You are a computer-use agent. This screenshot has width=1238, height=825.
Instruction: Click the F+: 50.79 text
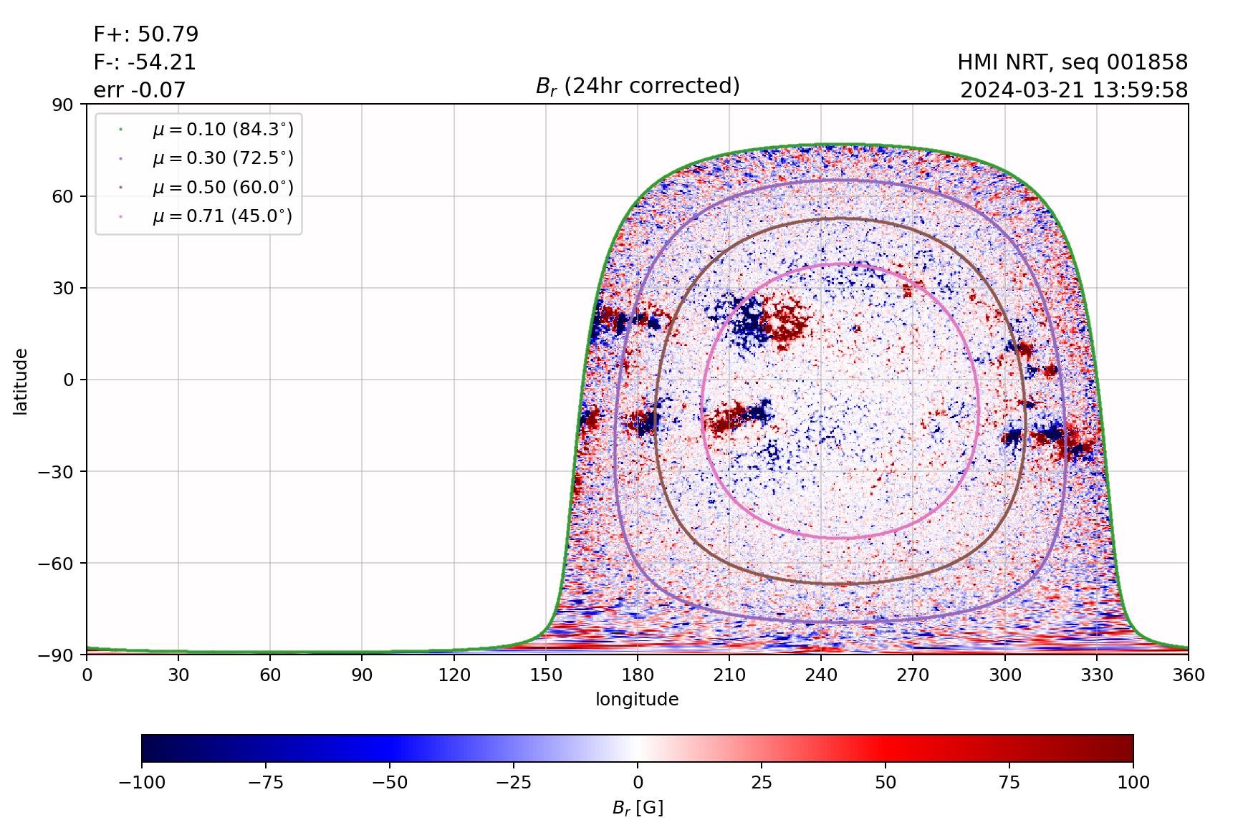pos(146,34)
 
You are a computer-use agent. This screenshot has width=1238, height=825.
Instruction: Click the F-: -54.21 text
pos(145,62)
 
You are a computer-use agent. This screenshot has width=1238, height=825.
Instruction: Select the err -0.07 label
pos(139,90)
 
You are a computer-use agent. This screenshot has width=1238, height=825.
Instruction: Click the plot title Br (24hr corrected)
pos(638,86)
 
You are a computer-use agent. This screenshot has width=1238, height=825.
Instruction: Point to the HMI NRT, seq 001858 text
pos(1073,62)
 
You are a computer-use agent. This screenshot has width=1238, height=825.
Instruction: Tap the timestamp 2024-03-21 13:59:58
pos(1074,90)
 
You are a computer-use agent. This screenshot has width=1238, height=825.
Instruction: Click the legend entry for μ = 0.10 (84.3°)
pos(222,130)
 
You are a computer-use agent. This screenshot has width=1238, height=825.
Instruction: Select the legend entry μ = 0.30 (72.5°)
pos(222,158)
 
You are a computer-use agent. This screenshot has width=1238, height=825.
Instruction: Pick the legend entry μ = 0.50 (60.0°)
pos(222,188)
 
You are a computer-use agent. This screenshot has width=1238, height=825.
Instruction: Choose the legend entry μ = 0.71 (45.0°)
pos(222,216)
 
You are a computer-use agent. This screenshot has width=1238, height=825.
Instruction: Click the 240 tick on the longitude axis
pos(821,675)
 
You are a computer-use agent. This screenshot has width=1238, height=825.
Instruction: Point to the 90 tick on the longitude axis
pos(362,675)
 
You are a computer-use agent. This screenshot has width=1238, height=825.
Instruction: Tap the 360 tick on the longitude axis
pos(1189,675)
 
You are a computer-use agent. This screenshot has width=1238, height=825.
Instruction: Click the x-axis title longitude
pos(637,700)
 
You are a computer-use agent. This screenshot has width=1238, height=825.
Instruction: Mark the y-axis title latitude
pos(21,381)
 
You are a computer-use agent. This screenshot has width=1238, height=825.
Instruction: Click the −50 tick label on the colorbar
pos(390,783)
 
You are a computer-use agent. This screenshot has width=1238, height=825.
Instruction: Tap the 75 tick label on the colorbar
pos(1009,783)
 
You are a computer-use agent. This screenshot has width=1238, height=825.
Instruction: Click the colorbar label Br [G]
pos(638,808)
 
